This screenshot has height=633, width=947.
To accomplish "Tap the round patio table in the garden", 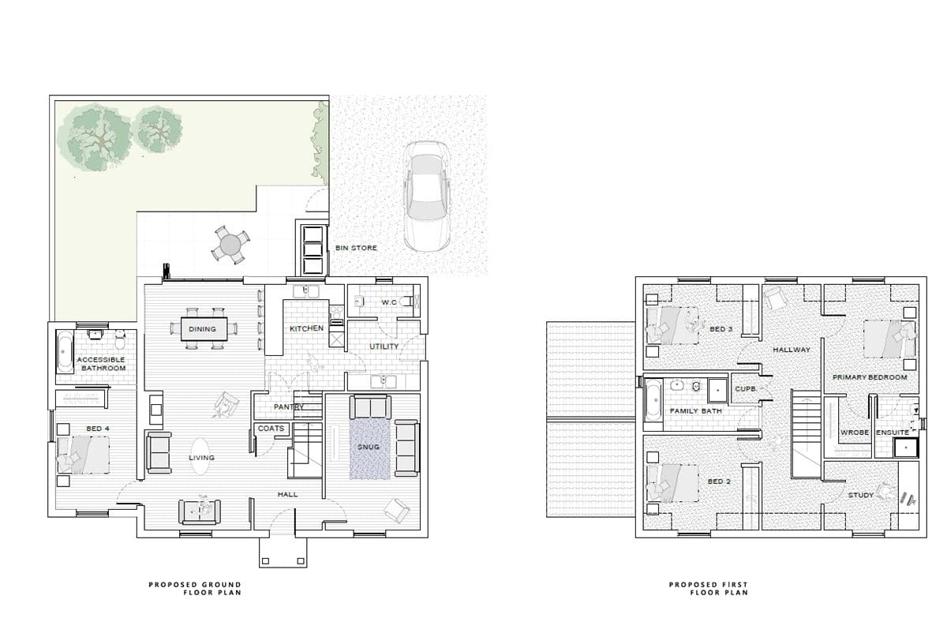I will pos(230,245).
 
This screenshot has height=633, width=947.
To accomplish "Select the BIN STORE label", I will pos(356,248).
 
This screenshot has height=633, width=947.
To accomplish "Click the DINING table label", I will pos(202,329).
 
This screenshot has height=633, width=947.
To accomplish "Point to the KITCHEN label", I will pos(307,328).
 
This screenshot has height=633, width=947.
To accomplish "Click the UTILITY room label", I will pos(384,346).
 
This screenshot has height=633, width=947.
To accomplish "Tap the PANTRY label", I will pos(289,406).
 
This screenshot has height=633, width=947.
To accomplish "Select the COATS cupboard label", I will pos(271,429).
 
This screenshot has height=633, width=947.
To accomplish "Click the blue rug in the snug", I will pos(369,448).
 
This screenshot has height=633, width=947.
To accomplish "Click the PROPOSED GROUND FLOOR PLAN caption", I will pos(195,588).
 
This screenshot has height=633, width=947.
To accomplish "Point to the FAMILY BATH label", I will pos(696,411).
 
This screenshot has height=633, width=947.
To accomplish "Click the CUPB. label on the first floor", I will pos(746,389).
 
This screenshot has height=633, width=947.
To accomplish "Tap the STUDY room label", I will pos(860,495).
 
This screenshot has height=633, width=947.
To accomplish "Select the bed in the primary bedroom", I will pos(889,339).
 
